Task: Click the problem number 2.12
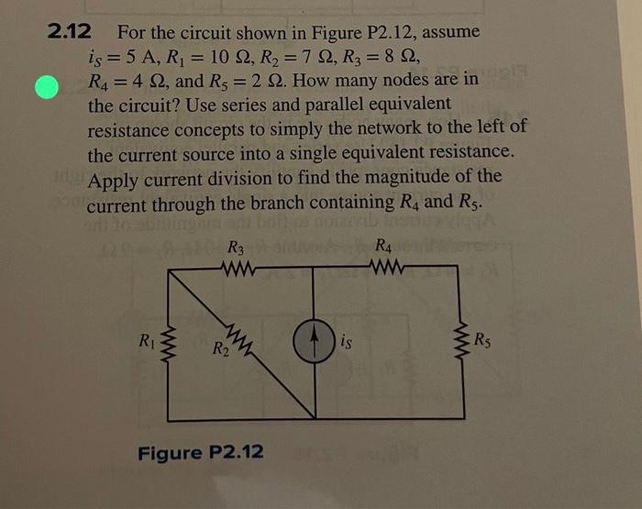pos(69,32)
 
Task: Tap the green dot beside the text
pos(45,90)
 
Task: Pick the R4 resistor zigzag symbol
pos(386,271)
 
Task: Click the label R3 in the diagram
pos(237,248)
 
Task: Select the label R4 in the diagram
pos(386,248)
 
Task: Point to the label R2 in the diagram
pos(222,349)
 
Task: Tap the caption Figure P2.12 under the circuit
pos(201,452)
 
